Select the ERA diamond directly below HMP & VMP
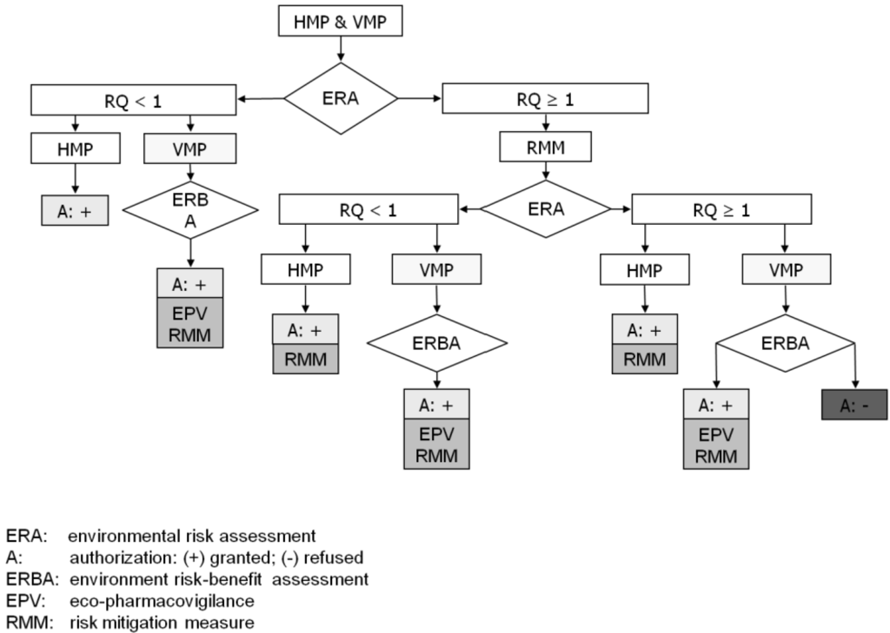click(x=340, y=98)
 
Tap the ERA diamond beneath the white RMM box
click(x=546, y=209)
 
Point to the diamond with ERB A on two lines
click(x=190, y=209)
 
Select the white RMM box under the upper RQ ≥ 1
click(x=546, y=148)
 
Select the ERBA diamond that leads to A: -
click(x=787, y=343)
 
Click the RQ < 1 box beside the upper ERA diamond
click(x=132, y=99)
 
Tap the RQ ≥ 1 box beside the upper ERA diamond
click(x=546, y=99)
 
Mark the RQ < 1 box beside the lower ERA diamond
click(x=369, y=209)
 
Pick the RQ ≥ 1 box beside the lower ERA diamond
click(x=721, y=209)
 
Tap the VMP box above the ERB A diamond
click(x=190, y=148)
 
